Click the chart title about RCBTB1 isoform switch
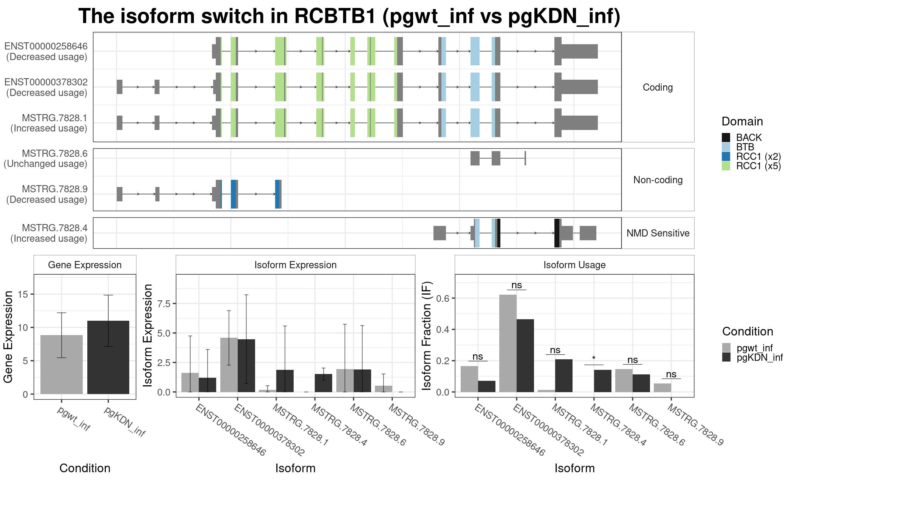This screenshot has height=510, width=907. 350,16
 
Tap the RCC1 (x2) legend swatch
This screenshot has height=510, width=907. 726,156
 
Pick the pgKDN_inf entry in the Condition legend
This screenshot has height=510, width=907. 752,357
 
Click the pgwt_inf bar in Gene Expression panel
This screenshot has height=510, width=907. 62,365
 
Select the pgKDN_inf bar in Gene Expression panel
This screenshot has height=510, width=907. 108,357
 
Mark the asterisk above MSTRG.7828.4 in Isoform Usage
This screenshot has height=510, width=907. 594,358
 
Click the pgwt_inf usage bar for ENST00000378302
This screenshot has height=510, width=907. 508,343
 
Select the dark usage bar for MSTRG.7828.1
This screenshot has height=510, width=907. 563,376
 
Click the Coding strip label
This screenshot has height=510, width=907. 658,87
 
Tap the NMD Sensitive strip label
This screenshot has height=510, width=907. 658,233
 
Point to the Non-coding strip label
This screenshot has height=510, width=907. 658,180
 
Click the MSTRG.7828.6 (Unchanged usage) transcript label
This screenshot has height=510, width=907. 46,159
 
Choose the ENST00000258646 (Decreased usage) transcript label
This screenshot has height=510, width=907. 46,51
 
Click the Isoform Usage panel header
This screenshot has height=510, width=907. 574,265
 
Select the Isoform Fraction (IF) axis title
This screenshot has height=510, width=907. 427,335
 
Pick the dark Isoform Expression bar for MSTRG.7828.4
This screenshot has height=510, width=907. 323,383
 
